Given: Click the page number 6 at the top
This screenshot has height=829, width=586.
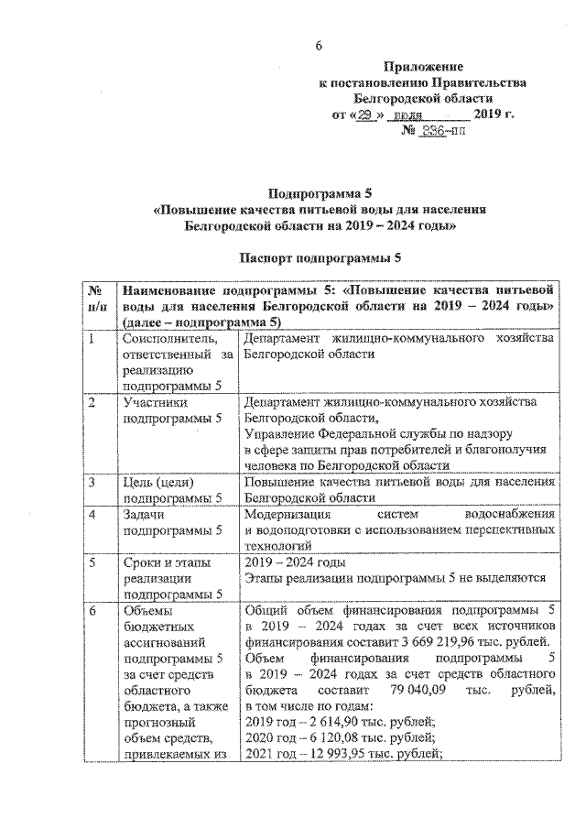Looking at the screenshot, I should click(320, 47).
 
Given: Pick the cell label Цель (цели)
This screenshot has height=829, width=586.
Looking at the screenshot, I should click(158, 482).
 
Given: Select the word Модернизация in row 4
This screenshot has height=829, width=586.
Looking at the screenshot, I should click(291, 514).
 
